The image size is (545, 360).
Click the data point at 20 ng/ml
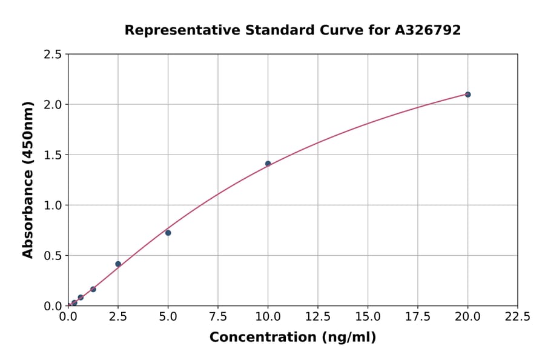[x=467, y=95]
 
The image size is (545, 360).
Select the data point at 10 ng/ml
[x=268, y=164]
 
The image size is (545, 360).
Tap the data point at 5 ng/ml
[x=168, y=233]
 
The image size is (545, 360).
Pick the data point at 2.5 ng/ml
[x=118, y=264]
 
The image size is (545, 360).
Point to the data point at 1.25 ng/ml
[x=93, y=289]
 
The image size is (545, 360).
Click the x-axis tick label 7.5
[x=218, y=317]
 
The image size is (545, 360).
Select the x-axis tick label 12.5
[x=318, y=317]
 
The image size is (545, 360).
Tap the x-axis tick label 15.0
[x=368, y=317]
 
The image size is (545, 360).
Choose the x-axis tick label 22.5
[x=517, y=317]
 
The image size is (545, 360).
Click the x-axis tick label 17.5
[x=418, y=317]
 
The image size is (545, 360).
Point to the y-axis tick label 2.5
[x=53, y=55]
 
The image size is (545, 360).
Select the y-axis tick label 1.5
[x=53, y=155]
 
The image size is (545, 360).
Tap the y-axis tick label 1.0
[x=53, y=205]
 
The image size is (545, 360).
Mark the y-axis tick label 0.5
[x=53, y=256]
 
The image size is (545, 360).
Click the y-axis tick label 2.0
[x=53, y=105]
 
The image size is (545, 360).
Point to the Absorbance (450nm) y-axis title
[x=28, y=180]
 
